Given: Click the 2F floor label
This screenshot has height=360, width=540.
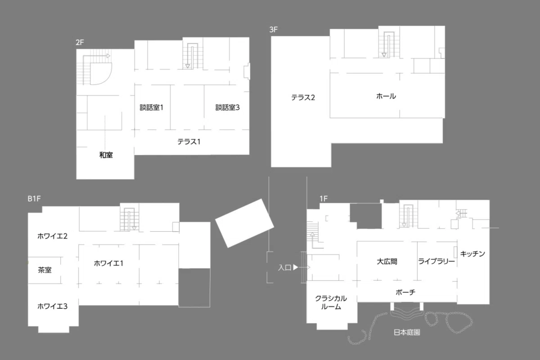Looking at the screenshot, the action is click(x=80, y=42).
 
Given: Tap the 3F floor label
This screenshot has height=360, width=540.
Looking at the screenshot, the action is click(x=274, y=30).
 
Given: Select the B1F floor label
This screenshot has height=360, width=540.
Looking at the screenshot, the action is click(x=34, y=199).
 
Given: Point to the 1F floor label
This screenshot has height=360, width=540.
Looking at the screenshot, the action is click(x=324, y=199).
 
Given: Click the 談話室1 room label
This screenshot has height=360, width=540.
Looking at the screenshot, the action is click(x=151, y=108).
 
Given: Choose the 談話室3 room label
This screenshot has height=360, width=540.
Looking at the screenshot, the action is click(x=227, y=108).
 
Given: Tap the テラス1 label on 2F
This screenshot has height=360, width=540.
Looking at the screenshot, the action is click(x=189, y=142).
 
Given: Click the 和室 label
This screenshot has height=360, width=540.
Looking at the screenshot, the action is click(x=106, y=155).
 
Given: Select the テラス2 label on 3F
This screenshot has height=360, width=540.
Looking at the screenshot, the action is click(x=303, y=98).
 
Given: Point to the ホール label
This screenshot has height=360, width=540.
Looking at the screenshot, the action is click(x=386, y=96).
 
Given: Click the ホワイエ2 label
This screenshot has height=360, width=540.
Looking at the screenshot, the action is click(x=52, y=236).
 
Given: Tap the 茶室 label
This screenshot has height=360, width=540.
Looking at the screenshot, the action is click(x=45, y=270).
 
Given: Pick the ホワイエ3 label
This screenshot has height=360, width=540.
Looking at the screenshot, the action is click(x=52, y=306).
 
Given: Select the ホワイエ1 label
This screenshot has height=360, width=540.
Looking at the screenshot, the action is click(x=108, y=263).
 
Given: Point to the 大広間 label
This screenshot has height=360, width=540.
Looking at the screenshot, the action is click(x=387, y=261).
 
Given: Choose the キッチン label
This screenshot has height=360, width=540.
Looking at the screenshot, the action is click(x=472, y=254).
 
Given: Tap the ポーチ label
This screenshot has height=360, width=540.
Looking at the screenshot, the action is click(x=405, y=292).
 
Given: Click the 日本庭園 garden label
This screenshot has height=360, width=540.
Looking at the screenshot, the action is click(x=407, y=332).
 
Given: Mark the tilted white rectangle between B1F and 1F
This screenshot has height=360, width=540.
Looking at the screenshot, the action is click(x=244, y=223).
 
